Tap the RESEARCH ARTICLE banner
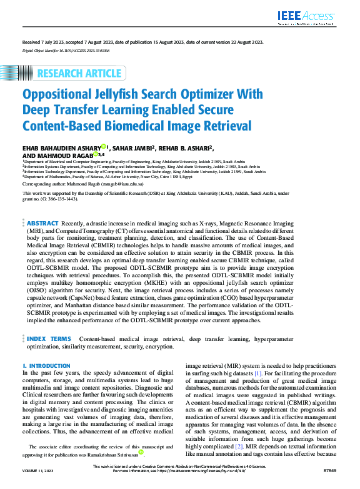(x=79, y=74)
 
